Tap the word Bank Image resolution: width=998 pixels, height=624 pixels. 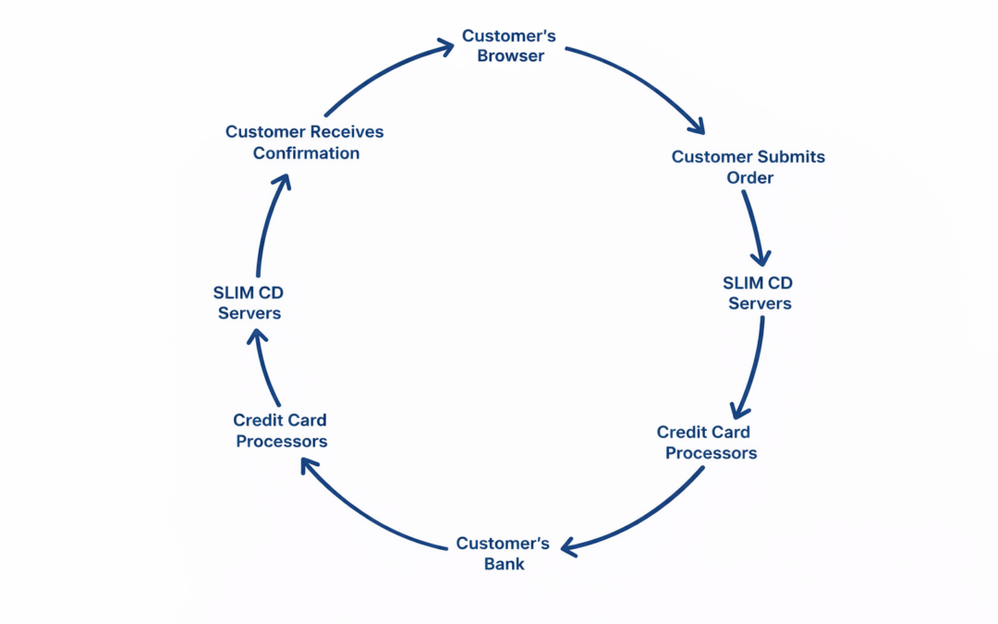click(x=504, y=564)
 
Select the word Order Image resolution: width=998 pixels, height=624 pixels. click(x=749, y=177)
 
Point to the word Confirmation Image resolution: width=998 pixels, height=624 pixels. click(x=306, y=153)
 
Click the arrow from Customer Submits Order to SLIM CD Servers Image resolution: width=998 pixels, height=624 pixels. click(x=754, y=226)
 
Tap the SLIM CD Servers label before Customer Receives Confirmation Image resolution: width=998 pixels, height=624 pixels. click(x=249, y=303)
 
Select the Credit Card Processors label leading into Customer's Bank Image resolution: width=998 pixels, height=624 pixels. click(x=707, y=443)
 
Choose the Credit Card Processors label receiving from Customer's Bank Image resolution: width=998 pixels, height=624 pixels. click(x=281, y=431)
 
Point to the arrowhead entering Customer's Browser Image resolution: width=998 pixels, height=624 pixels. click(x=445, y=43)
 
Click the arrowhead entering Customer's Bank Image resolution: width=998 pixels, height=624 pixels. click(x=569, y=548)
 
